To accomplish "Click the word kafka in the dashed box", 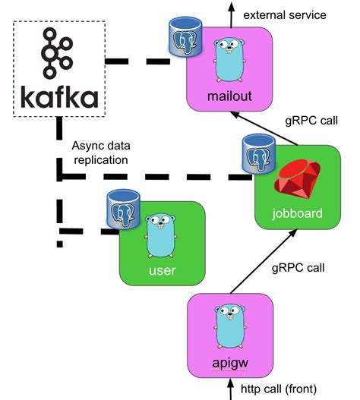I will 59,97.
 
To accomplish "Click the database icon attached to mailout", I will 183,37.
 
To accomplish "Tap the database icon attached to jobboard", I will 257,153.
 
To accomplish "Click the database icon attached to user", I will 122,209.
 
